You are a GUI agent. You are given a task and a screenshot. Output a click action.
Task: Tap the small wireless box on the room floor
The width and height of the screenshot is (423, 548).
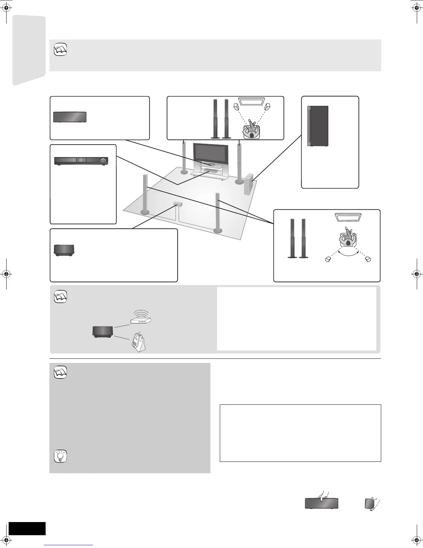tap(177, 204)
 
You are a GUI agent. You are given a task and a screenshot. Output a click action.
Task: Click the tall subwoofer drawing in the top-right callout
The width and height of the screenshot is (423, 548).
tap(318, 126)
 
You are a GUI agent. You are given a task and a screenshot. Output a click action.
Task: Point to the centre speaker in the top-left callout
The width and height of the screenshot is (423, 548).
tap(69, 117)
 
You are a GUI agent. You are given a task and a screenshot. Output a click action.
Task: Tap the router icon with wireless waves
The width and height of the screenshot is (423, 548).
tap(141, 319)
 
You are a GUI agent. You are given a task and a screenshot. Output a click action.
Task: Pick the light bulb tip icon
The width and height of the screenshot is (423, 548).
tap(60, 457)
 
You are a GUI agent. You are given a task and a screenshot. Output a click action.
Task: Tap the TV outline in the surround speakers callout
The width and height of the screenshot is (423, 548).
tap(348, 217)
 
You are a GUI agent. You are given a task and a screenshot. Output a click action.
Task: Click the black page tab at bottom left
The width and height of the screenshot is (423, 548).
tap(27, 528)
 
